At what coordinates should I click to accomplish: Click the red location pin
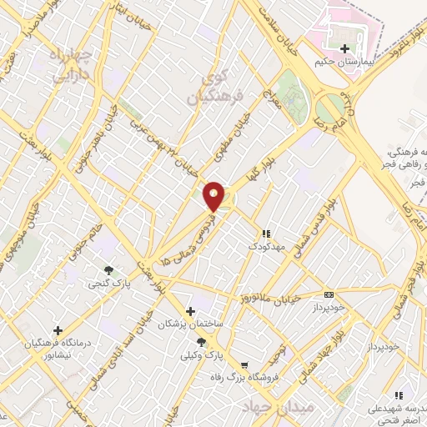pos(214,196)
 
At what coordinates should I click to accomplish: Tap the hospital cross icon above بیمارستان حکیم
pos(344,48)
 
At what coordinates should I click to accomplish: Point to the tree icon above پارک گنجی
pos(108,269)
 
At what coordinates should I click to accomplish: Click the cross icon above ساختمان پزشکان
pos(191,310)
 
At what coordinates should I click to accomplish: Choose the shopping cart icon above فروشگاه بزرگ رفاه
pos(244,365)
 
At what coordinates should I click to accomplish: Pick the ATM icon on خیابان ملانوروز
pos(329,294)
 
